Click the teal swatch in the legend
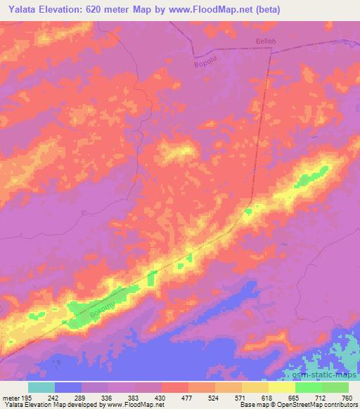(x=41, y=387)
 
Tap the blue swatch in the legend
(x=68, y=387)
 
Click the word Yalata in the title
(x=20, y=9)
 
